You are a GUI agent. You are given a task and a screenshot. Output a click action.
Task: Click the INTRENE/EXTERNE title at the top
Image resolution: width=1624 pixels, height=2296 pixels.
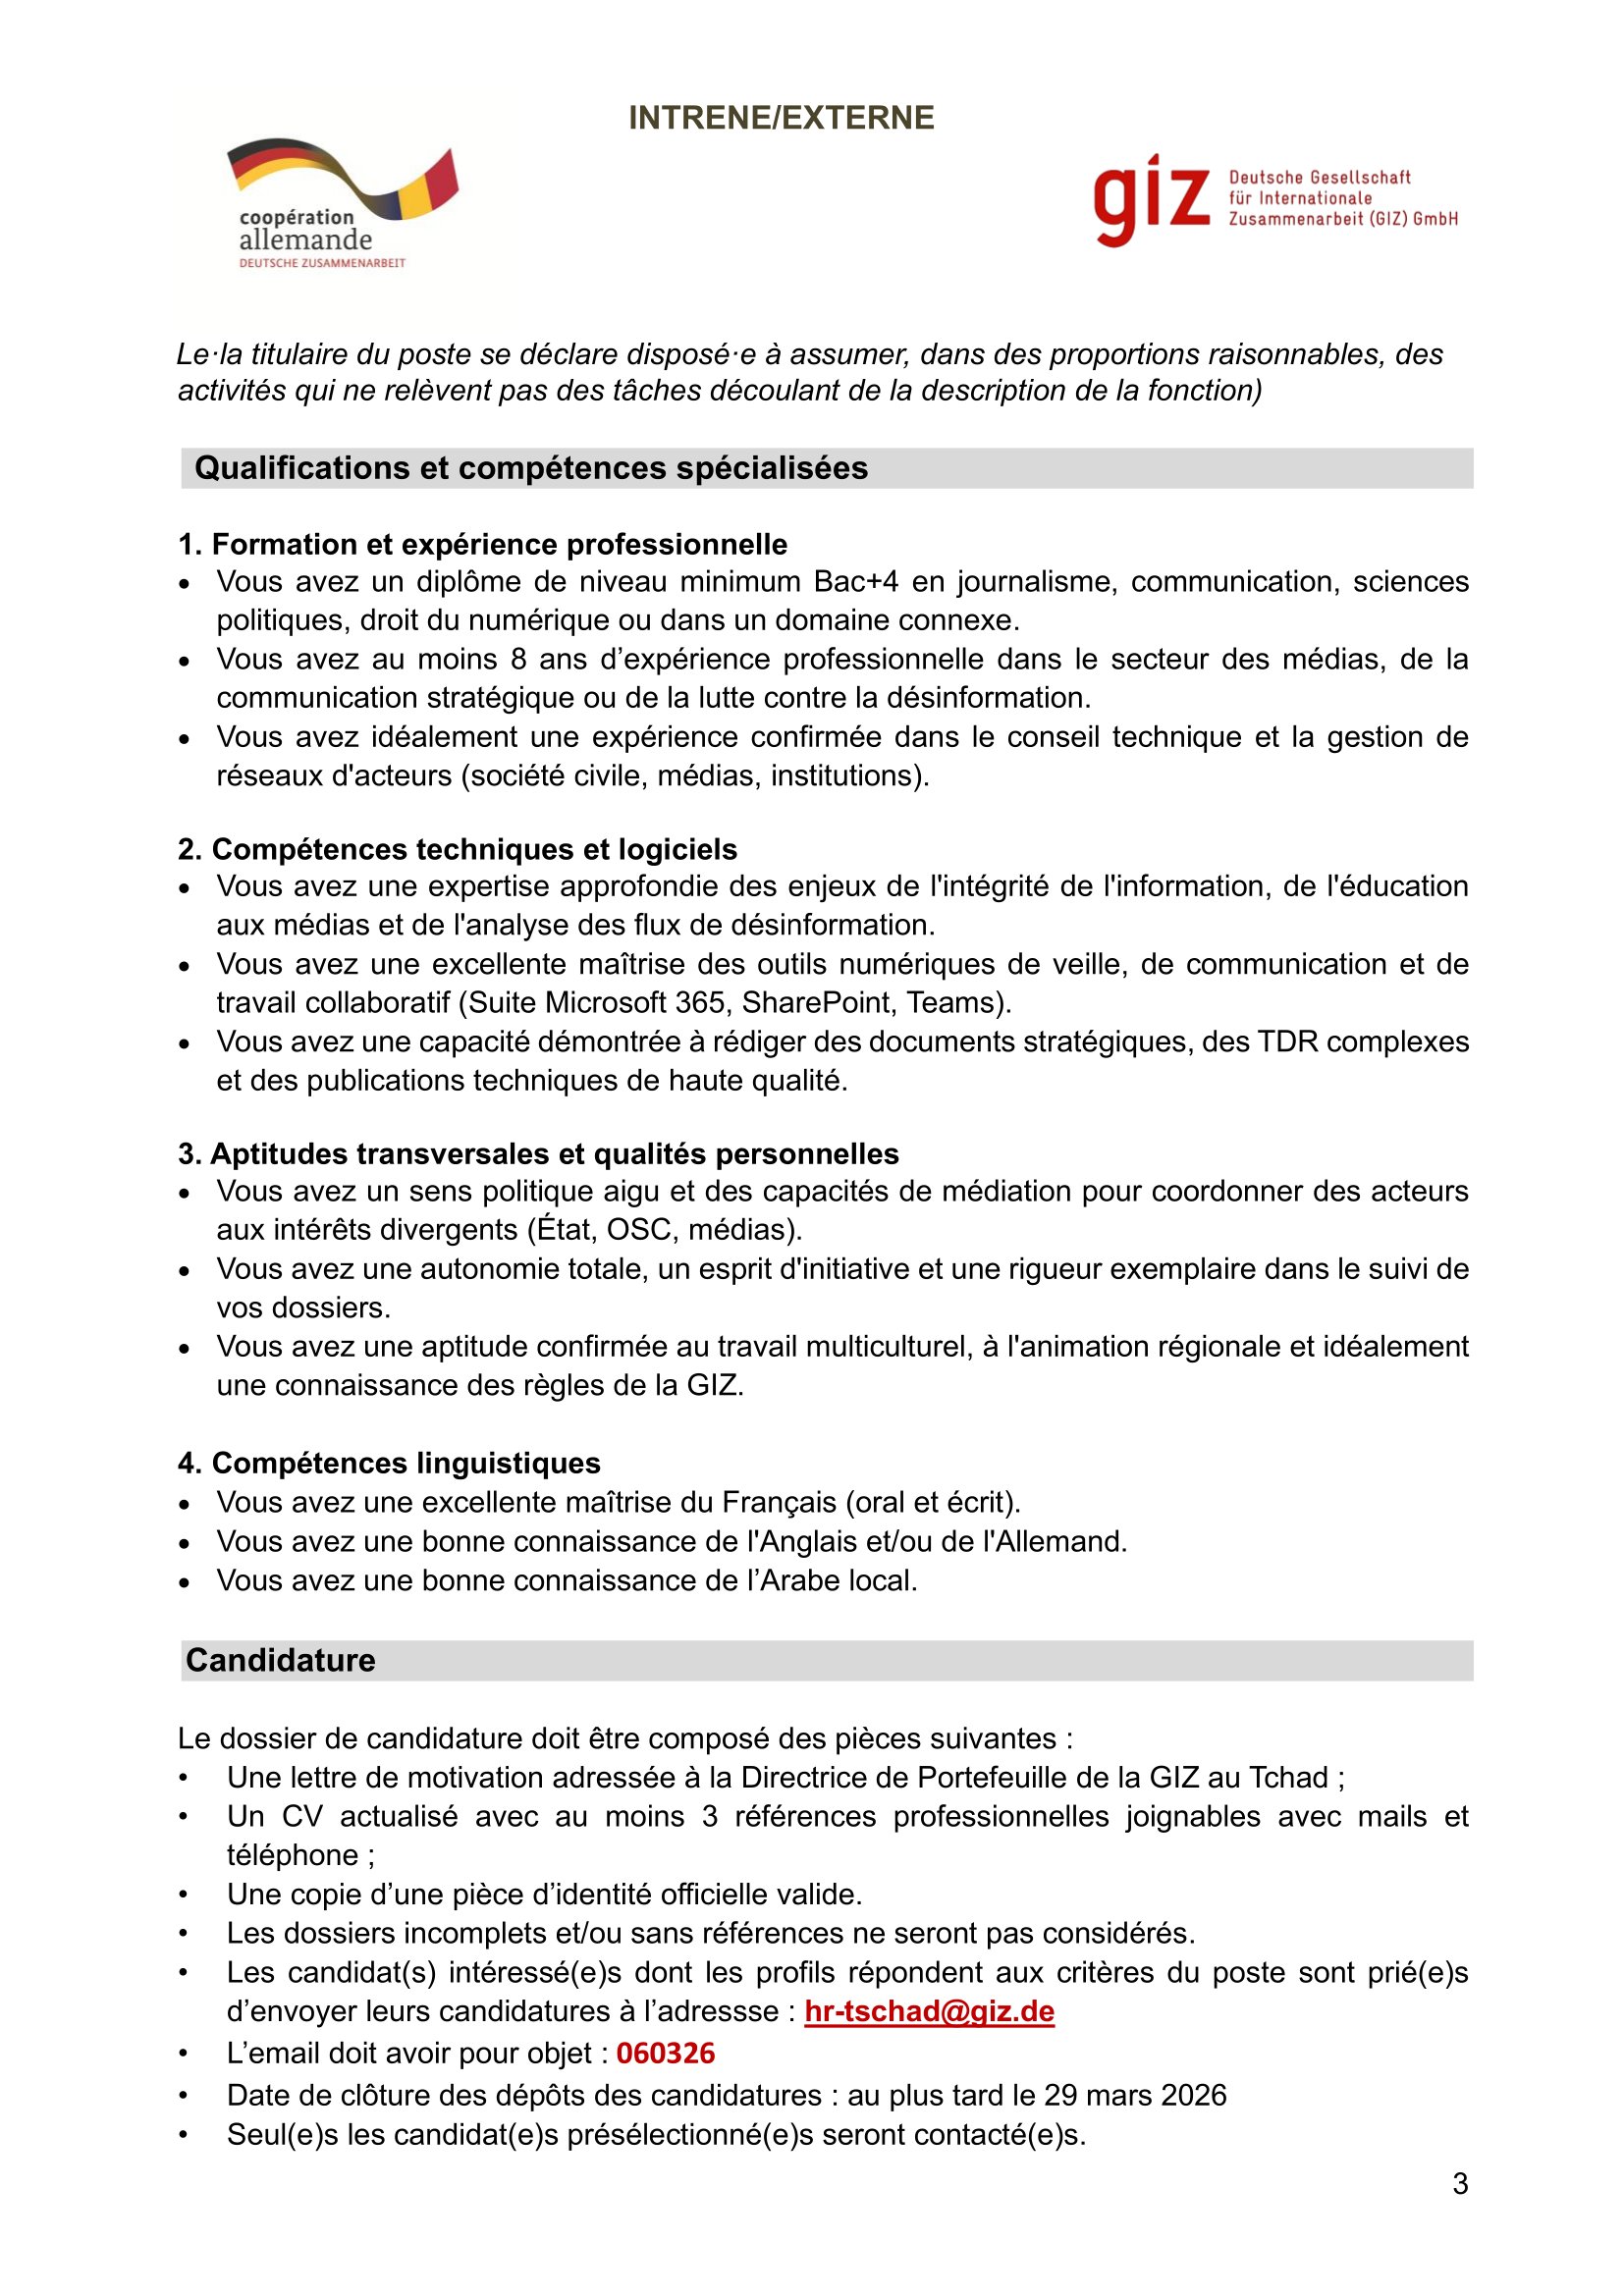tap(781, 118)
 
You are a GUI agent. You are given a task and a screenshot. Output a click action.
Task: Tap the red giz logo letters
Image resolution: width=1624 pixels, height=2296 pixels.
tap(1151, 200)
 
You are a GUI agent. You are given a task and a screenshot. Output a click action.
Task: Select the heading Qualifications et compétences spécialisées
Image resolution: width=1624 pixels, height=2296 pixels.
tap(531, 468)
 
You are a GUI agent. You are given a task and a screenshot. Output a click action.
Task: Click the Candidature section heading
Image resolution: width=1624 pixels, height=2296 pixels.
tap(281, 1660)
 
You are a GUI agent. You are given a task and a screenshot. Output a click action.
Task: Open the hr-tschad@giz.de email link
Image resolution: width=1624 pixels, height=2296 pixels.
tap(929, 2011)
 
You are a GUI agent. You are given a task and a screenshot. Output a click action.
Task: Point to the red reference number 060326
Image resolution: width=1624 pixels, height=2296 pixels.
tap(665, 2053)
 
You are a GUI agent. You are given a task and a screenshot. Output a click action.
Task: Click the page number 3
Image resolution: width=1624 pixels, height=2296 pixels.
tap(1460, 2184)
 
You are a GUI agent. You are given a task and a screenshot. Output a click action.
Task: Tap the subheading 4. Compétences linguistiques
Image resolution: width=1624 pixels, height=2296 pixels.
tap(389, 1463)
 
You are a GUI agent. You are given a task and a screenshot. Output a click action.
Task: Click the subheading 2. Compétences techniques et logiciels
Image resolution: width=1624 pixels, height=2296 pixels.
tap(457, 849)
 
